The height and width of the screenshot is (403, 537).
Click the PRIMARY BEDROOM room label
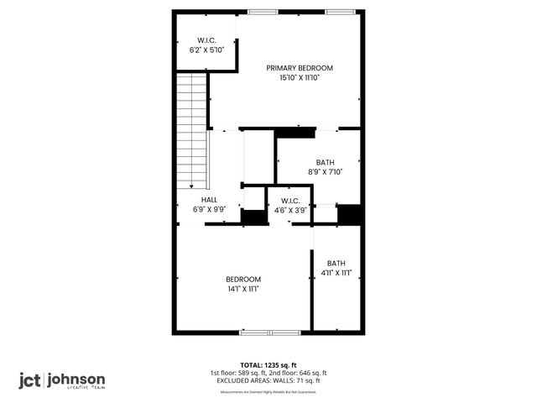click(x=300, y=68)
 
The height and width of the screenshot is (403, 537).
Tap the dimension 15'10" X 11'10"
click(x=300, y=77)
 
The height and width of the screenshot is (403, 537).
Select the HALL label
click(x=209, y=200)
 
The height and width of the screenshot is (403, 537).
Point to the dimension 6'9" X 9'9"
click(x=209, y=209)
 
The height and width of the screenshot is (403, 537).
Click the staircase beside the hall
click(x=192, y=130)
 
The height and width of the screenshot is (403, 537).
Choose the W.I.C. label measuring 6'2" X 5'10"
click(x=207, y=40)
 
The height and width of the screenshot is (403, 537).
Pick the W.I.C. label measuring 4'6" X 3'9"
click(x=290, y=201)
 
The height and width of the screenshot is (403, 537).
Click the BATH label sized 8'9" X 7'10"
click(x=325, y=163)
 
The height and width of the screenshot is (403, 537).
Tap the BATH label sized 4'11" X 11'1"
click(x=336, y=263)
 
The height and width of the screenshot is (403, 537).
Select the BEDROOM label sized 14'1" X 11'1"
click(x=243, y=280)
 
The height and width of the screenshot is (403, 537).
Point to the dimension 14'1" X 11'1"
click(x=243, y=289)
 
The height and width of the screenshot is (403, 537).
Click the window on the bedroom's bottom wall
click(x=270, y=332)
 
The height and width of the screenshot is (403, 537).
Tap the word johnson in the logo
click(x=76, y=379)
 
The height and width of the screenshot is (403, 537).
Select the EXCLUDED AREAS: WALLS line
click(x=268, y=380)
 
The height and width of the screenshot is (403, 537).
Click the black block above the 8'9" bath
click(x=295, y=133)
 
